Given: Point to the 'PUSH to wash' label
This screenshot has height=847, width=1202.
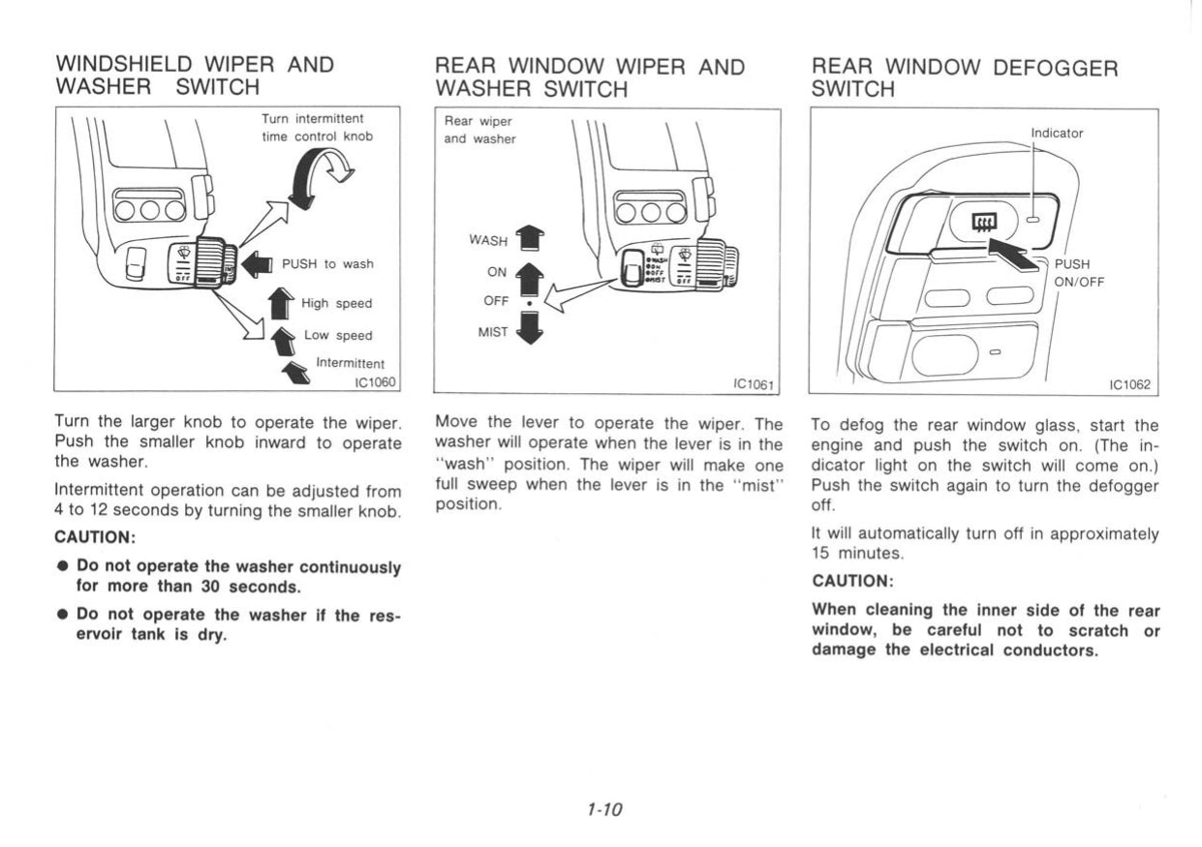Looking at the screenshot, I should [x=326, y=263].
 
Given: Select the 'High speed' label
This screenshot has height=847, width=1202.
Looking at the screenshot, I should [x=336, y=303].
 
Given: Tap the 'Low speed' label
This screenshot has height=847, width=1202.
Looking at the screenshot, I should [x=338, y=335].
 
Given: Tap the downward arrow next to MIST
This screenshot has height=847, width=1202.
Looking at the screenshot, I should [x=531, y=329].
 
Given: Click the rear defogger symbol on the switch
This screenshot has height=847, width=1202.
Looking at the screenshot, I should [x=982, y=224].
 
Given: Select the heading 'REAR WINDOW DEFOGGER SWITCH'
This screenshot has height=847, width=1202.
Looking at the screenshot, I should [x=965, y=77].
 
